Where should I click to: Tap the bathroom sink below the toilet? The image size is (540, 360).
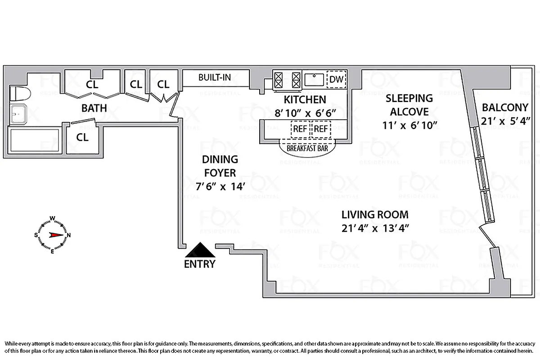[x=19, y=115]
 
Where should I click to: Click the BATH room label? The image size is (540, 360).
[x=94, y=108]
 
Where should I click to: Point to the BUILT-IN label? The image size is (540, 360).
[x=215, y=77]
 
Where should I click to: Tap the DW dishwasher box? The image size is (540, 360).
[x=336, y=80]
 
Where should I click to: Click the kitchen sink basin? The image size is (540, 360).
[x=314, y=80]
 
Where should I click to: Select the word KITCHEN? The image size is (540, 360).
[x=304, y=99]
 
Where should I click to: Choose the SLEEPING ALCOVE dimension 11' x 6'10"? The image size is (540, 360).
[x=409, y=125]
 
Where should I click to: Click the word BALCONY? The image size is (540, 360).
[x=504, y=108]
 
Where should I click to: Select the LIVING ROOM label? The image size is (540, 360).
[x=374, y=215]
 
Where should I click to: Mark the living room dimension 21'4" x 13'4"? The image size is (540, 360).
[x=374, y=228]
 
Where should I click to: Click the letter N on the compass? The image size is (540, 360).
[x=69, y=235]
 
